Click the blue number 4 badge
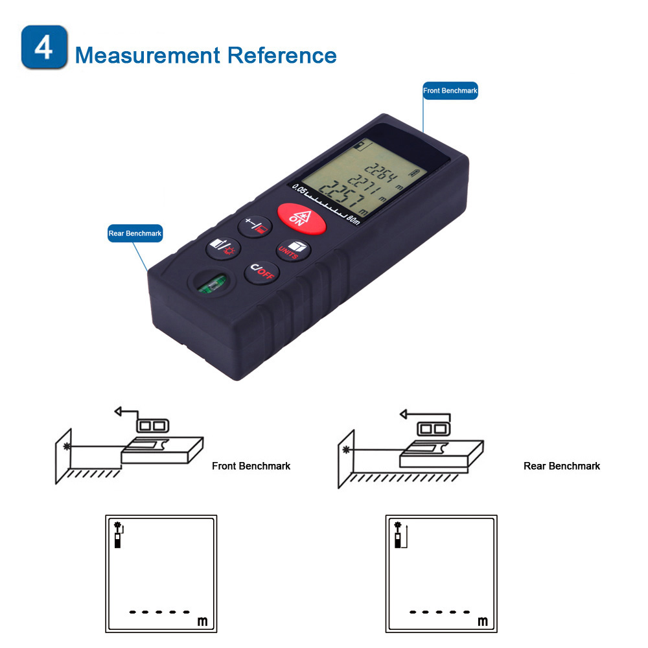coord(44,47)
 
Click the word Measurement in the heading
coord(148,55)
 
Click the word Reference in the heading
coord(283,55)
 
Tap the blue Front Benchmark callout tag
coord(450,91)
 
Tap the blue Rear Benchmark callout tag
coord(135,233)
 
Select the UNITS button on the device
coord(293,250)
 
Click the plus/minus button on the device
coord(255,226)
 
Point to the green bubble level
coord(213,284)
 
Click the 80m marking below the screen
coord(353,220)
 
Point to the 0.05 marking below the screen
coord(299,190)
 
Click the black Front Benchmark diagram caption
coord(251,466)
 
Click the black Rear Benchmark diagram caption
coord(562,466)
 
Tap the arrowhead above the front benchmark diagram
coord(118,411)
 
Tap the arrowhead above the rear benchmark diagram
coord(404,413)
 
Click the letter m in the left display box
coord(202,621)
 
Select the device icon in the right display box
coord(398,536)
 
